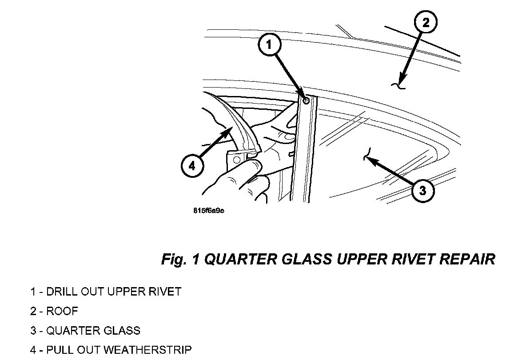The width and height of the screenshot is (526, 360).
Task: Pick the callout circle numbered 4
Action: (191, 166)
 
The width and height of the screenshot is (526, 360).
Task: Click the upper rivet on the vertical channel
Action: (306, 101)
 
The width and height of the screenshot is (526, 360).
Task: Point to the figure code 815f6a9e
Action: (208, 211)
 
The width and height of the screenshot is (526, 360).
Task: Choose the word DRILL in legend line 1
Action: (61, 292)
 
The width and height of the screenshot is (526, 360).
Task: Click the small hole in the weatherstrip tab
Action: (236, 159)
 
